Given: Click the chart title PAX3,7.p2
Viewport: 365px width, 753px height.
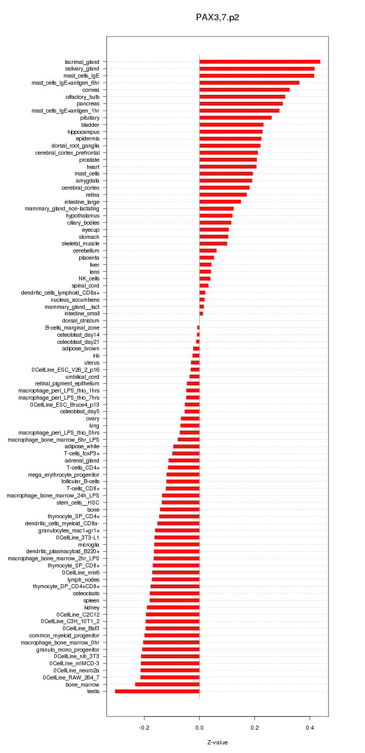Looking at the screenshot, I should pos(217,18).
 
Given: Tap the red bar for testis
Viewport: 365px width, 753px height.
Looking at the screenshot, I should pos(157,691).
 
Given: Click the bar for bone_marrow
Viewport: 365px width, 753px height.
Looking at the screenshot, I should pos(167,685).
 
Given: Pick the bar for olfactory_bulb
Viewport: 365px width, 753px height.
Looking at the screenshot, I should pos(242,97).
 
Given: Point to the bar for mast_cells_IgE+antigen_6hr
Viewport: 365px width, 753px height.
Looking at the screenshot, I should pos(249,83).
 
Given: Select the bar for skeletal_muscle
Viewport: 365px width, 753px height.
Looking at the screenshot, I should pos(213,244).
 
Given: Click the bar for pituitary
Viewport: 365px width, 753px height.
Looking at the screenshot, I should pos(236,118).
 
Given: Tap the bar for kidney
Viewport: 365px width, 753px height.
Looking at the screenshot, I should pos(173,607).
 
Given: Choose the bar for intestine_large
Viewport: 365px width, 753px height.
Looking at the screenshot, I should pos(220,202).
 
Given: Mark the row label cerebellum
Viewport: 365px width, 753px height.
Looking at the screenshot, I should pos(86,251).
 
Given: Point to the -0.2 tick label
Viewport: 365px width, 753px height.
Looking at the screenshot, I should pos(144,727).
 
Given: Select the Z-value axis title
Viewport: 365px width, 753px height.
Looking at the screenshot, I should pos(217,742).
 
